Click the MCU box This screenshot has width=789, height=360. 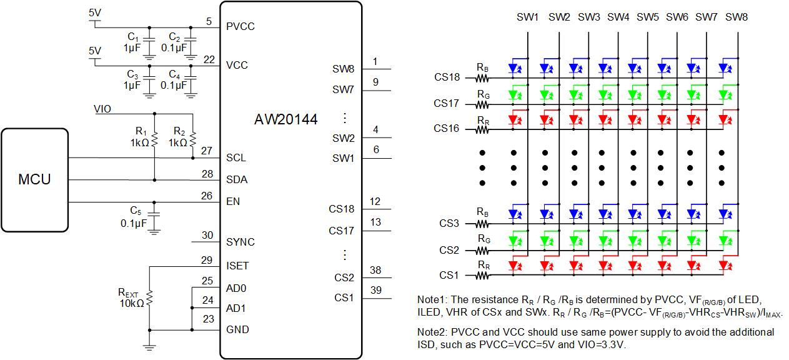(34, 180)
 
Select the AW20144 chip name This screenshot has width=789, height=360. (285, 119)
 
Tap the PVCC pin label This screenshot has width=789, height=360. (241, 27)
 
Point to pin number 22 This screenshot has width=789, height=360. (209, 59)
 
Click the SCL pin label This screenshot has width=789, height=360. (236, 158)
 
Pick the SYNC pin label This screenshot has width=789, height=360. (241, 242)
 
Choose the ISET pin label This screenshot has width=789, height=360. (237, 266)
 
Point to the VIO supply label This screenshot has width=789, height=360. (102, 109)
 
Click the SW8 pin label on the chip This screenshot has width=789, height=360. (343, 69)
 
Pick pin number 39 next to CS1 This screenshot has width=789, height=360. (375, 290)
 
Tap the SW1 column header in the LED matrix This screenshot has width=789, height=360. (527, 17)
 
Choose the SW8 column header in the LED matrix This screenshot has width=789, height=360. (737, 17)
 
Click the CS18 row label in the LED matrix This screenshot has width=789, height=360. (447, 77)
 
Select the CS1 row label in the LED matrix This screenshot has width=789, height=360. (449, 275)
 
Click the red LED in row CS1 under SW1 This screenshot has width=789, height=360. (515, 266)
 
